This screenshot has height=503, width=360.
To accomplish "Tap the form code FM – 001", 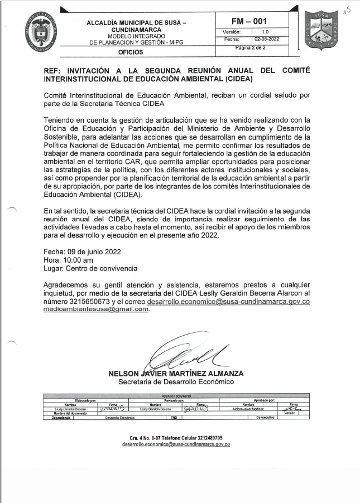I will tap(252, 21).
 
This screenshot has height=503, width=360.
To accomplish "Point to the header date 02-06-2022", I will tap(266, 40).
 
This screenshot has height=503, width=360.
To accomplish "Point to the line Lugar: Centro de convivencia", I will tap(90, 269).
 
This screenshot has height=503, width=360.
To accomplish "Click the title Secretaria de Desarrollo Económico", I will tap(176, 382).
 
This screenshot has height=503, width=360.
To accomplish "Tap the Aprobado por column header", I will tap(264, 400).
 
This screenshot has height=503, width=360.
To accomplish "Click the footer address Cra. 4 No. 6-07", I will tap(146, 438).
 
